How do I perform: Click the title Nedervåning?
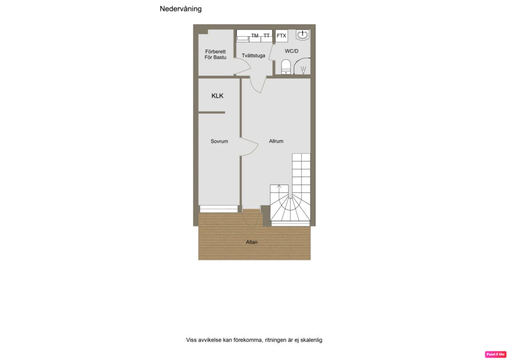coord(180,9)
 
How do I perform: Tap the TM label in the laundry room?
coord(255,36)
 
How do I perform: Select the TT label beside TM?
coord(267,36)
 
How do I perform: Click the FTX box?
coord(281,36)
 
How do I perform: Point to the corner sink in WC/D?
coord(303,35)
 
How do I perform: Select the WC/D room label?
coord(292,51)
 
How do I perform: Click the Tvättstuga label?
coord(254,56)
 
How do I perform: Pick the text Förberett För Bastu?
coord(216,54)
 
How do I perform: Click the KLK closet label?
coord(217,96)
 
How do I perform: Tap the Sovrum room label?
coord(219,141)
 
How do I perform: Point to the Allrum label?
coord(276,141)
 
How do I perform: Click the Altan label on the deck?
coord(252,242)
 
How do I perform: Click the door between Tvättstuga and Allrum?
coord(257,85)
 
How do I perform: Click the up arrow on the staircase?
coord(279,188)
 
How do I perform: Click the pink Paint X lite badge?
coord(495,354)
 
